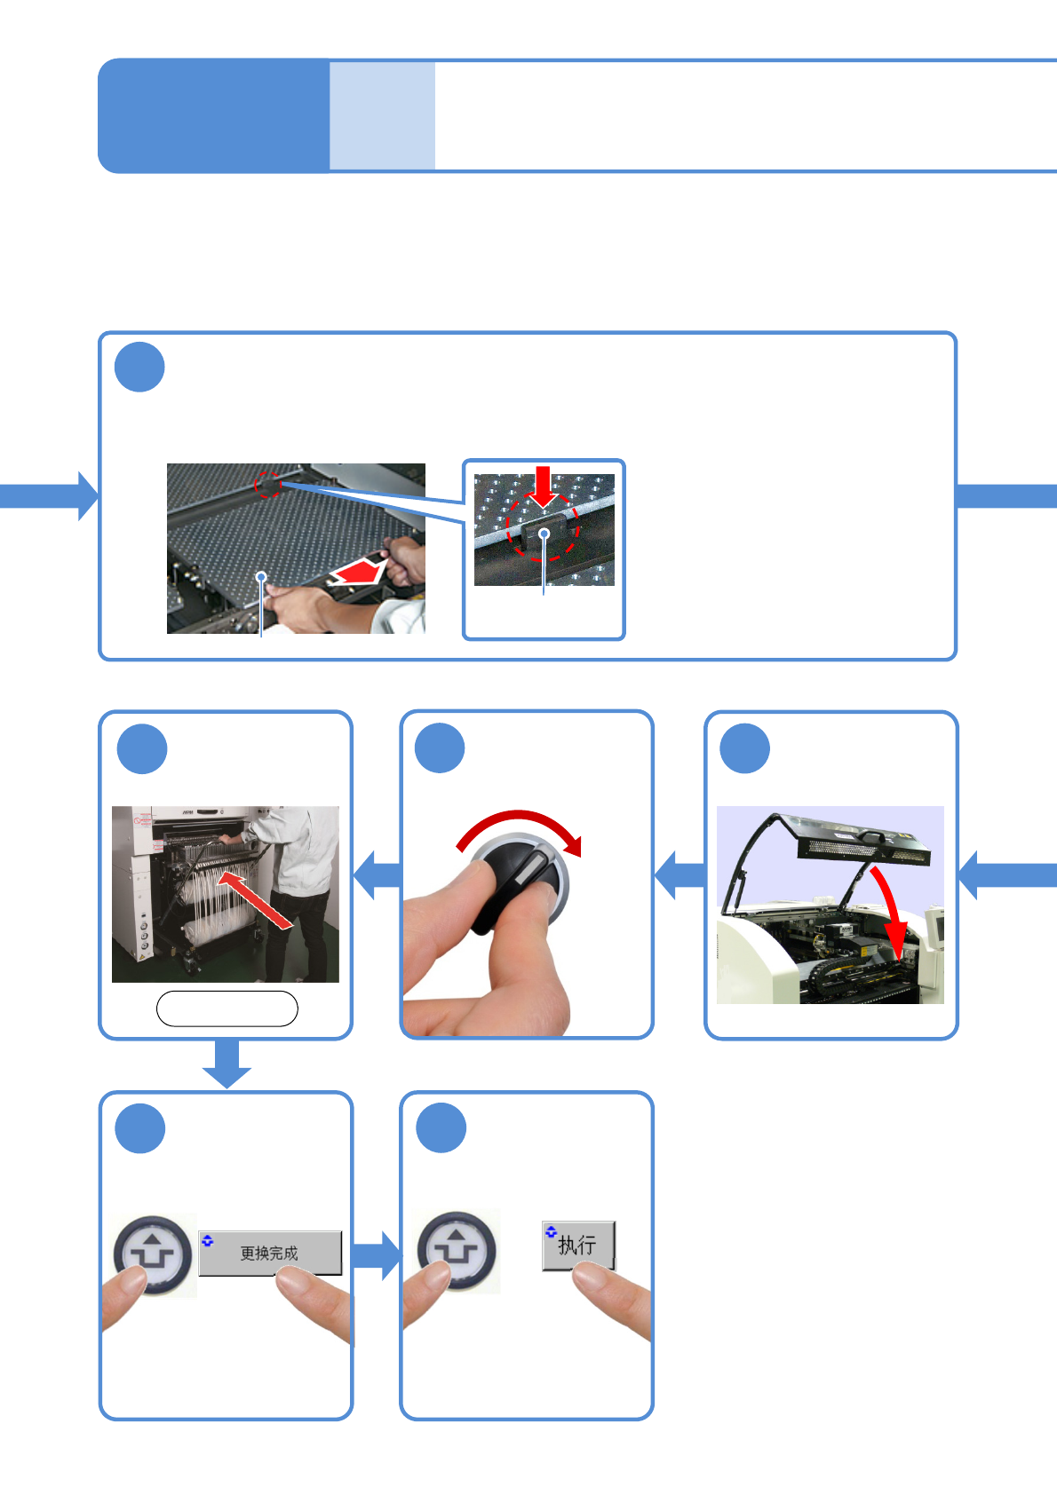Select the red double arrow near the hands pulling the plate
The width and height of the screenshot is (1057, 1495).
(x=359, y=573)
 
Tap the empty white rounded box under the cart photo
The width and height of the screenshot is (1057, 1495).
(x=226, y=1009)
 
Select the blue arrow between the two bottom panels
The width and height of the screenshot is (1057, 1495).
(x=377, y=1255)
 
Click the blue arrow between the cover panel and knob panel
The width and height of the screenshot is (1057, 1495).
(x=679, y=874)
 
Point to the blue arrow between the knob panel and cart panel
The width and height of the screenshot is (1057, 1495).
(x=377, y=874)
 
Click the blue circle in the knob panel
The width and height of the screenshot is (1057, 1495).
(x=440, y=748)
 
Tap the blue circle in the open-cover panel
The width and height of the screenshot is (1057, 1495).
(x=744, y=748)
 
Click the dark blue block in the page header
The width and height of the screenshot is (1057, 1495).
(x=213, y=115)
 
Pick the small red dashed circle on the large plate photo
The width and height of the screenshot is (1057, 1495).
(x=268, y=485)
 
